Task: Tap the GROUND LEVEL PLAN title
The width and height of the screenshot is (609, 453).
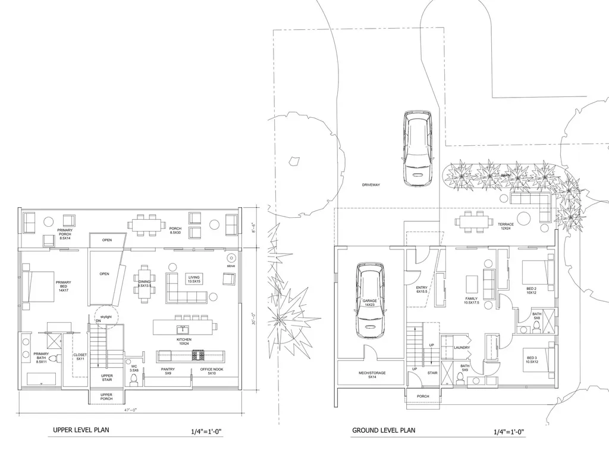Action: coord(384,430)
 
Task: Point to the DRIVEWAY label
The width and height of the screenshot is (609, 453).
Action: coord(371,185)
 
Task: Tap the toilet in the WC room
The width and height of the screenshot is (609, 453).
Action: coord(134,379)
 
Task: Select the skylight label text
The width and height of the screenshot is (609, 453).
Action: coord(106,317)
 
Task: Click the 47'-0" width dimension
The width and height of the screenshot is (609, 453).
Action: coord(130,411)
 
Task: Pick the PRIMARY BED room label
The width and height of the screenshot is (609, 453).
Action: coord(63,286)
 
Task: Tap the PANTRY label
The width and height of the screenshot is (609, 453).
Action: coord(168,371)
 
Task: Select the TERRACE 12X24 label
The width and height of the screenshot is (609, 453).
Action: coord(506,226)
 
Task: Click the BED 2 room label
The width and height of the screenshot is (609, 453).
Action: coord(531,290)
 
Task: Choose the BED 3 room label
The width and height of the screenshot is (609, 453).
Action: coord(531,360)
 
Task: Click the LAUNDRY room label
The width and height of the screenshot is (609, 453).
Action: coord(462,348)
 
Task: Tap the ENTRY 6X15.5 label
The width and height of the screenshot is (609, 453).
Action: coord(422,290)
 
